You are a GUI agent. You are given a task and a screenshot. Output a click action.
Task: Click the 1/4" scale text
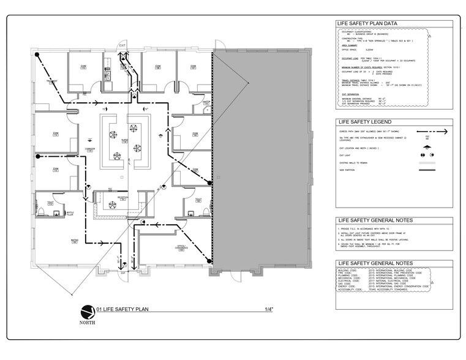[268, 309]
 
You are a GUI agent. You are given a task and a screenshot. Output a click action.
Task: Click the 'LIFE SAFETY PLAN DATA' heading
[366, 24]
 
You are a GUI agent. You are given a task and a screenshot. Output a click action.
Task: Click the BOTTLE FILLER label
[78, 214]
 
